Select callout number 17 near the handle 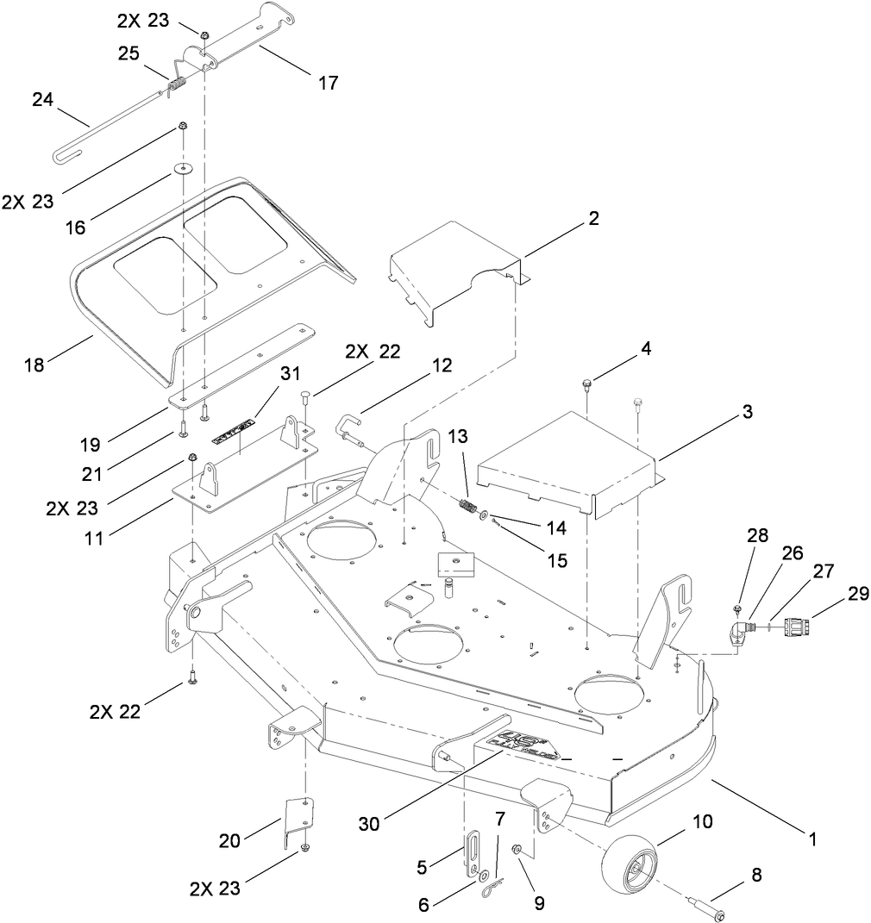click(x=328, y=84)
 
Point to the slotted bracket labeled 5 click(x=474, y=853)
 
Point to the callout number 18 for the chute click(x=34, y=365)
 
